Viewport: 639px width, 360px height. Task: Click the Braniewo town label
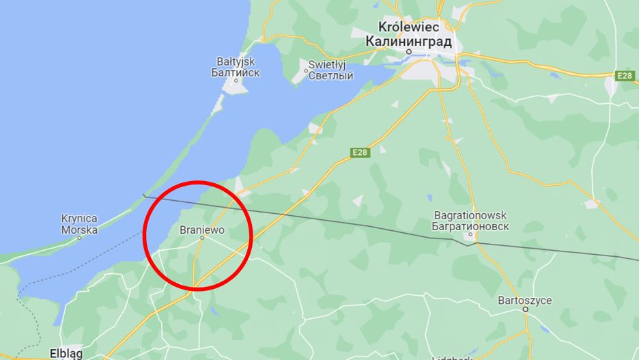(x=201, y=230)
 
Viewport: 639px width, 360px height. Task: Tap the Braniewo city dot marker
(x=202, y=238)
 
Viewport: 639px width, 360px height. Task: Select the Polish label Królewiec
(x=409, y=27)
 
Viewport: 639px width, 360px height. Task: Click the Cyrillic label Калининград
(x=409, y=41)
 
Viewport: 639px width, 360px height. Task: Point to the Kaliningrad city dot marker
(x=409, y=51)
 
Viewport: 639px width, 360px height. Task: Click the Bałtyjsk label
(x=236, y=60)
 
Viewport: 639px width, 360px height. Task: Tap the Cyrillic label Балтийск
(x=236, y=72)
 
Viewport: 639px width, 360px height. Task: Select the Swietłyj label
(x=328, y=64)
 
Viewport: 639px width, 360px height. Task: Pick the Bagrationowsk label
(x=470, y=215)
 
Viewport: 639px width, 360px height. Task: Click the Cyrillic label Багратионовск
(x=470, y=227)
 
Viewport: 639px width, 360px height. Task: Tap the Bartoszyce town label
(x=525, y=300)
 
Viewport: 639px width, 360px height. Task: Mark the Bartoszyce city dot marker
(x=526, y=309)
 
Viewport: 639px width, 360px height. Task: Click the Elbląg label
(x=66, y=354)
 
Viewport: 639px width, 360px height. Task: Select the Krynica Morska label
(x=79, y=224)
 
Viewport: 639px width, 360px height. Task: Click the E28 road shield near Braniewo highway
(x=360, y=152)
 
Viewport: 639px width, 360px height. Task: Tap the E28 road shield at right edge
(x=624, y=76)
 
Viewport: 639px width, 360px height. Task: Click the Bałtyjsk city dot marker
(x=236, y=81)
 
